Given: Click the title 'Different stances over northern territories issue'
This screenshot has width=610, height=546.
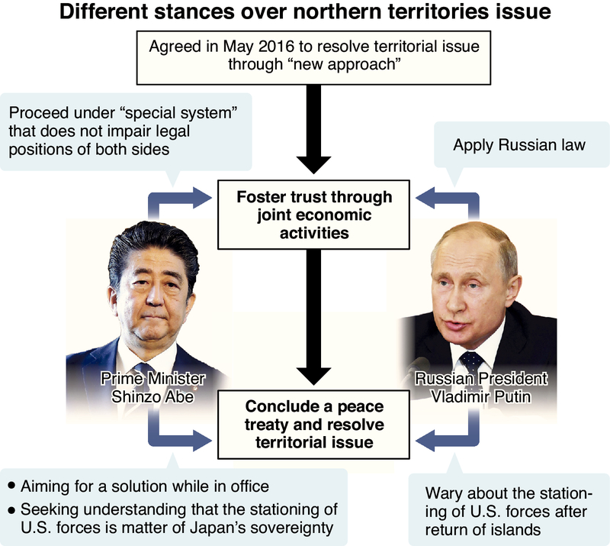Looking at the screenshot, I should [x=305, y=14].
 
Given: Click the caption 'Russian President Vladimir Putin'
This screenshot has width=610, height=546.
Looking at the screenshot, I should [x=487, y=387].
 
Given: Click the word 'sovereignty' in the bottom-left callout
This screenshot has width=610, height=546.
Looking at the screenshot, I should [x=293, y=526].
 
